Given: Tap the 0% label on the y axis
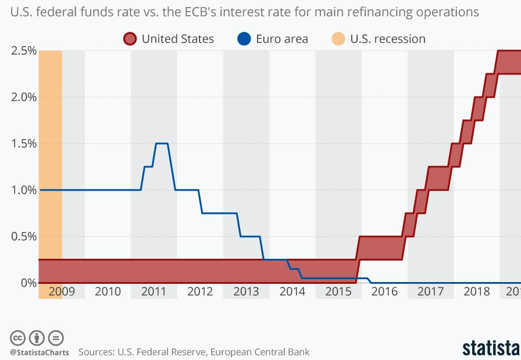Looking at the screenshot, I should click(x=28, y=283).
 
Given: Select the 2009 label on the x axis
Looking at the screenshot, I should click(x=62, y=291).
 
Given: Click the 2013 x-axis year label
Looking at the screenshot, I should click(x=246, y=291).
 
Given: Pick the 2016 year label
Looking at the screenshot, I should click(x=384, y=291).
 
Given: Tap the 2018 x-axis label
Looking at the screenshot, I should click(x=476, y=291).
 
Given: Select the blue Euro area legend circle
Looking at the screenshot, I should click(x=244, y=39).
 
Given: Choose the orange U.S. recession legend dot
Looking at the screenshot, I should click(x=338, y=39).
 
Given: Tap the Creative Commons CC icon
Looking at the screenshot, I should click(x=18, y=338).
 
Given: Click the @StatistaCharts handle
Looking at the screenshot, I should click(x=39, y=352).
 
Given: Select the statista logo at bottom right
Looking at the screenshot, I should click(x=491, y=348).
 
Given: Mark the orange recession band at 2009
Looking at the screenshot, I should click(x=51, y=174).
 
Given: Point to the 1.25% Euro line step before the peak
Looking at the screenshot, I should click(x=148, y=166).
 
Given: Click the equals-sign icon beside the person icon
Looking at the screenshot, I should click(x=56, y=338).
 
